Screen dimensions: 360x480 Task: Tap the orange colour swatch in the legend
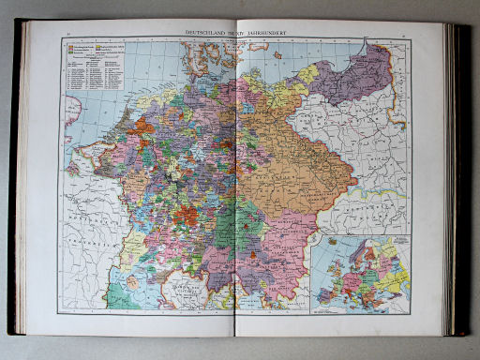click(x=71, y=54)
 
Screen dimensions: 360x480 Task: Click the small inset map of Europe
click(x=361, y=273)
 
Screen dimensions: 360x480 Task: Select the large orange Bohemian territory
click(x=300, y=169)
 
